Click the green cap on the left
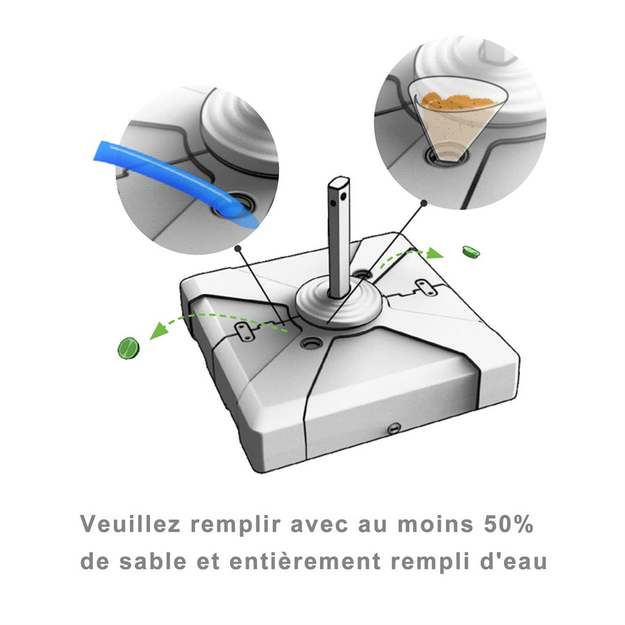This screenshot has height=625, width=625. point(128,349)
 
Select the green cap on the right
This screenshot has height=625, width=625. point(471,252)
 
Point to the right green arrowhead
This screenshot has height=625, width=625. point(434,253)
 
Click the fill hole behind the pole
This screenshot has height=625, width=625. point(362,274)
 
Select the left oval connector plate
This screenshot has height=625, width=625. point(244,332)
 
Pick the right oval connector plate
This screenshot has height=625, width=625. point(426,287)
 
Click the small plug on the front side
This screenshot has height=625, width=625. point(394,428)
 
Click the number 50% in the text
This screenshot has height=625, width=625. point(508,524)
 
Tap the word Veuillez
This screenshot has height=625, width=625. point(131,524)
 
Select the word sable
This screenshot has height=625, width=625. point(153,561)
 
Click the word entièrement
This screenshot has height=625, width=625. point(305,561)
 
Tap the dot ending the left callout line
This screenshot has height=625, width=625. point(238,248)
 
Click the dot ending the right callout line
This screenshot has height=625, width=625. point(424,203)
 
